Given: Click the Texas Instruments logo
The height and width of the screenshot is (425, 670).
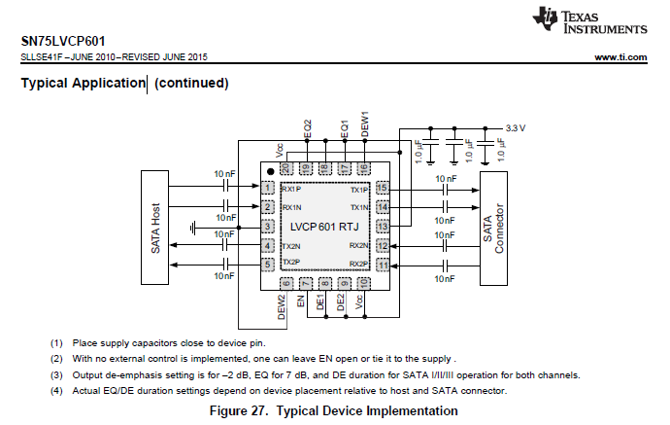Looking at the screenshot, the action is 589,20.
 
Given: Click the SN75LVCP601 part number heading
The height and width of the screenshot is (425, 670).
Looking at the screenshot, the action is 63,41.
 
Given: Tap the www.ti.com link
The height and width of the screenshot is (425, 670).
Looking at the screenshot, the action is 620,57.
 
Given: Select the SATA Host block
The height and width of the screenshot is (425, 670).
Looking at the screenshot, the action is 154,228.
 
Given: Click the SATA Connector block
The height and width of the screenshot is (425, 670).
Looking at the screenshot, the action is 493,229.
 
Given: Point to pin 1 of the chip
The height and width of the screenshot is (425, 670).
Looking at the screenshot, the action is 268,188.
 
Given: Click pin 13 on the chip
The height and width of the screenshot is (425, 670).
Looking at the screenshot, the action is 383,226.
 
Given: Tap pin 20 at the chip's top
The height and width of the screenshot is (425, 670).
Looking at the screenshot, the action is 286,168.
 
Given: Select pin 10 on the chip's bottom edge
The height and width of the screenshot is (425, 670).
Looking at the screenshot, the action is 363,283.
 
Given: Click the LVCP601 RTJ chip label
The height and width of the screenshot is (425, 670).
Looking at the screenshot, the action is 324,227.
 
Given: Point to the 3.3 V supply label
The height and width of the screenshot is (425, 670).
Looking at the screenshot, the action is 516,128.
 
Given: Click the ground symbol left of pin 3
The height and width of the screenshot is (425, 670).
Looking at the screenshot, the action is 193,228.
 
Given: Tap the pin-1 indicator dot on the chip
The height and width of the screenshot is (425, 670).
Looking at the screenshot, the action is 270,171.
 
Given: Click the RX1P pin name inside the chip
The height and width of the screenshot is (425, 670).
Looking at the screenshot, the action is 291,189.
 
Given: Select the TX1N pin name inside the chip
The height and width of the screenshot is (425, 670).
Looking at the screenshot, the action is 359,207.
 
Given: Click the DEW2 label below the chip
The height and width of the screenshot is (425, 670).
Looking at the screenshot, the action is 282,307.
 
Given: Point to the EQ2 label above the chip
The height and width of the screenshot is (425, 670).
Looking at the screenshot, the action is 307,128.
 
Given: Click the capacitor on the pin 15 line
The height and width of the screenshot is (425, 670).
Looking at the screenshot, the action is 446,190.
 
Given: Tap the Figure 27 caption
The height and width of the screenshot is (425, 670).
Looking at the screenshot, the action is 333,410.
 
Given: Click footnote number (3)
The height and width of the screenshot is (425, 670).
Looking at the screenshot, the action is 56,375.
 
